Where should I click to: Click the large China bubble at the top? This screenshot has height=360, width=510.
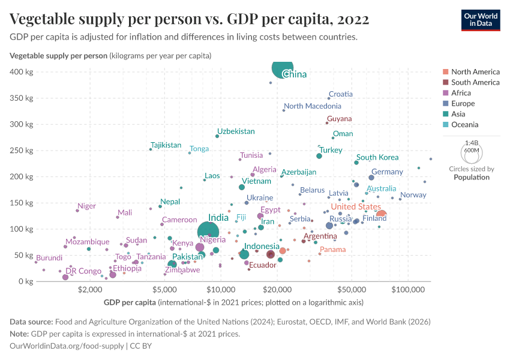283,68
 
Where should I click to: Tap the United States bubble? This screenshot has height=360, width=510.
380,215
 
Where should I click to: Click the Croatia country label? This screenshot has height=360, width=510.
340,94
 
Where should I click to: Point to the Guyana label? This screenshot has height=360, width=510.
340,119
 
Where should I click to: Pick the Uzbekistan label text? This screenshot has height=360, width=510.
236,131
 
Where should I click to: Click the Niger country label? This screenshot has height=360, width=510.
87,206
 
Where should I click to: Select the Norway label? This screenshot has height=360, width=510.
413,195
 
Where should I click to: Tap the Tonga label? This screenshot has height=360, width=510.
199,149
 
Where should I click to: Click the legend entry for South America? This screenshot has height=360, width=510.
475,82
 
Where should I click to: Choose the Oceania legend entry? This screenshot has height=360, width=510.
465,125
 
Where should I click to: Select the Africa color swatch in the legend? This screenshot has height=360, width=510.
445,93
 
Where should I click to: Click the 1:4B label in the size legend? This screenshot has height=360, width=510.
472,143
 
